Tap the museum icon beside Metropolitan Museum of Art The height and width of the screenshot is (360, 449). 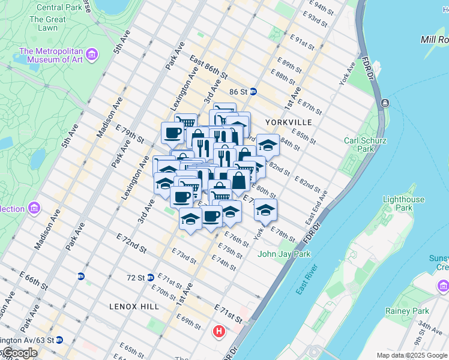coord(92,55)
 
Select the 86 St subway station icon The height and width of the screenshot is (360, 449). coord(253,92)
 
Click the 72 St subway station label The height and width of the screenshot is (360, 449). coord(136,278)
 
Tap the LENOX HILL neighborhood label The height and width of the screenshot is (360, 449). coord(134,306)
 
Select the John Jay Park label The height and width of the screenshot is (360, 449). coord(285,254)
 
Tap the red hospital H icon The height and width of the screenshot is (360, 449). coord(220,331)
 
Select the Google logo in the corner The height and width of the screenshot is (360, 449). coord(19,353)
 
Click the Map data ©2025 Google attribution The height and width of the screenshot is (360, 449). coord(412,355)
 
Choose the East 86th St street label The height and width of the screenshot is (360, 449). coord(208,68)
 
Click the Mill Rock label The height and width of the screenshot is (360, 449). coord(435,39)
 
